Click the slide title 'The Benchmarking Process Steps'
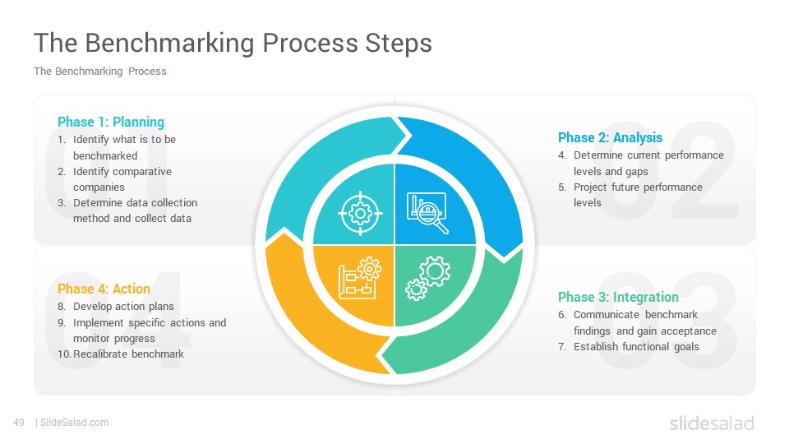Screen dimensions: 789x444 (233, 44)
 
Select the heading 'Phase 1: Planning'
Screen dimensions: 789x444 (111, 123)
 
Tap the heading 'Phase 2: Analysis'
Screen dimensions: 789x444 (610, 138)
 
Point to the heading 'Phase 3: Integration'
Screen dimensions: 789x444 (618, 297)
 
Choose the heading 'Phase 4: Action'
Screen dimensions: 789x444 (104, 289)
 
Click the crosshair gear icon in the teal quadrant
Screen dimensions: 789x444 (360, 214)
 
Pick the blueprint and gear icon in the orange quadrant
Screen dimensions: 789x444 (360, 279)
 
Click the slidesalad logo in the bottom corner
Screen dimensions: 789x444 (712, 423)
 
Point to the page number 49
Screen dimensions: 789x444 (19, 423)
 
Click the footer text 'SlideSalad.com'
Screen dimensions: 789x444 (75, 423)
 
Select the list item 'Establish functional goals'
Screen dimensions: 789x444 (636, 347)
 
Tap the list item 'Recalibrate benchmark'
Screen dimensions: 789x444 (128, 354)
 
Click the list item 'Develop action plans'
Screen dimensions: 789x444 (123, 307)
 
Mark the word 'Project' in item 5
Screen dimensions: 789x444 (590, 187)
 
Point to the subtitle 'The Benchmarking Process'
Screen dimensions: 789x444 (99, 72)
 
